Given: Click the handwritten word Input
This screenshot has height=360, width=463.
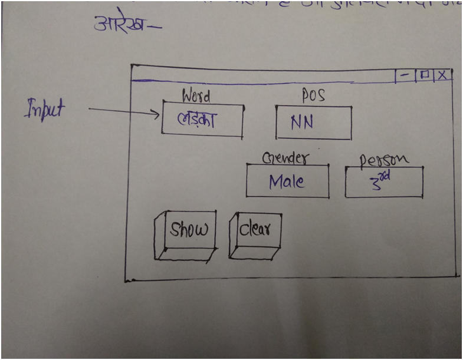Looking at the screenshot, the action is point(44,110).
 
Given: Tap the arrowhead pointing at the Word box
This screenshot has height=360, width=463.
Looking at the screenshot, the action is point(157,114).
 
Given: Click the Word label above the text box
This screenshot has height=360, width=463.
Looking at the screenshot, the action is point(196,95).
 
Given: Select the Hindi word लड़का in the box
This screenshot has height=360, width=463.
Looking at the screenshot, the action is point(198,120).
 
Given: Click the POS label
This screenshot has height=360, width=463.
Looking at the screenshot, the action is point(313,95).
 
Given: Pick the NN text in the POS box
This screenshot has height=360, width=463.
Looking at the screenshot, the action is point(302,122).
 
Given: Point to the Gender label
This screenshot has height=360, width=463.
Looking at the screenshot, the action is point(285,158).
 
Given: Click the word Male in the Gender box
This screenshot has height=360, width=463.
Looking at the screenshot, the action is point(287,181).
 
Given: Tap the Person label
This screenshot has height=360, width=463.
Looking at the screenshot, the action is point(384,160).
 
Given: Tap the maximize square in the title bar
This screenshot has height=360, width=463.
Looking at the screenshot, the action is point(424,75).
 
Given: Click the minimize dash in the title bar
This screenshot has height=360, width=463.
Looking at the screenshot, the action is point(405,75).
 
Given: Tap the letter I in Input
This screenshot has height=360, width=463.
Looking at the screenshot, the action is point(28,110).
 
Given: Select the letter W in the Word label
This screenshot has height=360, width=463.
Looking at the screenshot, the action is point(188,95).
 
